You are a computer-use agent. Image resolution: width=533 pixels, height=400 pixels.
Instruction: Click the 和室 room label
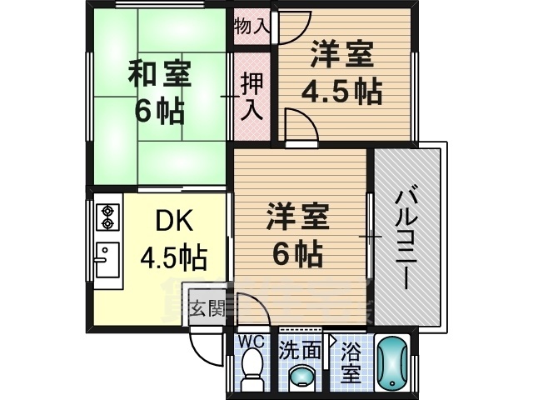tap(159, 74)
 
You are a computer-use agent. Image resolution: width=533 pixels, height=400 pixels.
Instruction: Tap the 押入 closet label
tap(251, 97)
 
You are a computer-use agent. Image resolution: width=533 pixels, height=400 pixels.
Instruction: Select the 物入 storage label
tap(252, 26)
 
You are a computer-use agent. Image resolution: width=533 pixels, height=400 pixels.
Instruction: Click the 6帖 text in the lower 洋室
tap(298, 252)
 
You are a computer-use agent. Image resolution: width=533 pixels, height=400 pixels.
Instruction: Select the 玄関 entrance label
tap(207, 308)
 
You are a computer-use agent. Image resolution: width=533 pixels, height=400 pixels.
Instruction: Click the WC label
tap(252, 342)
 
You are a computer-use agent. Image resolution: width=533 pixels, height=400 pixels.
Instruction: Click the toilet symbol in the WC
tap(251, 371)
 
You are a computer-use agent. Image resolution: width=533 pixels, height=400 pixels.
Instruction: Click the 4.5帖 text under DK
tap(174, 257)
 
